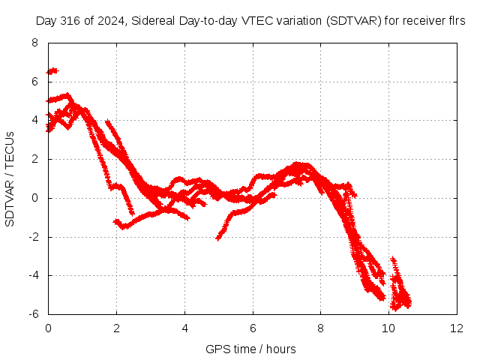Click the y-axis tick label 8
pyautogui.click(x=34, y=43)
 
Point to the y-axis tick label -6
pyautogui.click(x=34, y=314)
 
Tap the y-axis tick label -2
pyautogui.click(x=34, y=237)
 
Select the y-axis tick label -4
pyautogui.click(x=34, y=275)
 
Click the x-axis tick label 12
pyautogui.click(x=457, y=328)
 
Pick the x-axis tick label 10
pyautogui.click(x=388, y=328)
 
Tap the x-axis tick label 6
pyautogui.click(x=253, y=328)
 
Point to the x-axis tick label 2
pyautogui.click(x=117, y=328)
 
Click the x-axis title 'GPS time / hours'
pyautogui.click(x=250, y=349)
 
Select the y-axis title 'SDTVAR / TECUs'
pyautogui.click(x=10, y=179)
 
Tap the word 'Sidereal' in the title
pyautogui.click(x=153, y=21)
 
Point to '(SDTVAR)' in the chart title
pyautogui.click(x=353, y=21)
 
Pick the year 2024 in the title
pyautogui.click(x=110, y=21)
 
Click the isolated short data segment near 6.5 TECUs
pyautogui.click(x=52, y=71)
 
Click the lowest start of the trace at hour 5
pyautogui.click(x=218, y=238)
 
